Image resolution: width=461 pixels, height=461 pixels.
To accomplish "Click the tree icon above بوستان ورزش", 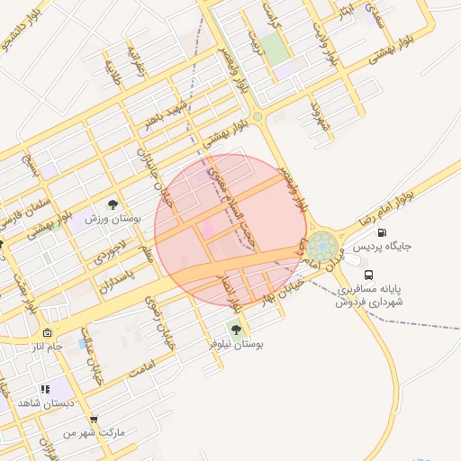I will click(112, 205).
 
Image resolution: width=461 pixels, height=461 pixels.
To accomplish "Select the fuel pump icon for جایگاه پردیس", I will click(382, 232).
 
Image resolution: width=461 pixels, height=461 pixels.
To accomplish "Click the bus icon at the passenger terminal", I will click(367, 275).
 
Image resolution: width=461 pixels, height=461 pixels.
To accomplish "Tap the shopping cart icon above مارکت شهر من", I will click(94, 420).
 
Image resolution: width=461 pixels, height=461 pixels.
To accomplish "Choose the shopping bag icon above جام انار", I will click(47, 332).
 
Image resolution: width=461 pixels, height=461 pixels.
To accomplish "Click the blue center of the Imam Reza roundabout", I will click(321, 245).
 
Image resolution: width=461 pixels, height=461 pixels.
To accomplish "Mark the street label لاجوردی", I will click(117, 250).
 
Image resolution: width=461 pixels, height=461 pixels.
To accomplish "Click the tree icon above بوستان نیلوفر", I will click(236, 330).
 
